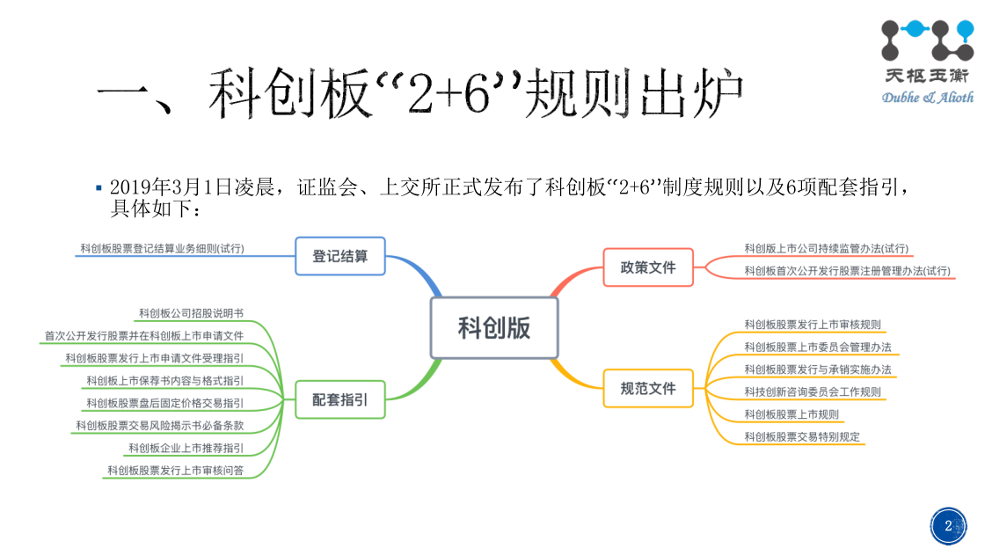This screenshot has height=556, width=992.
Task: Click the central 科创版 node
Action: click(x=494, y=328)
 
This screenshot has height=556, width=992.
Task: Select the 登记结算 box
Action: click(x=340, y=257)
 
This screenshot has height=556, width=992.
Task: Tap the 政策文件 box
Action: click(x=648, y=267)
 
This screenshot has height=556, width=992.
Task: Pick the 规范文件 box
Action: click(x=648, y=388)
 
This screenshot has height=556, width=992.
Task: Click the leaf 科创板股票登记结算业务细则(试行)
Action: click(x=162, y=249)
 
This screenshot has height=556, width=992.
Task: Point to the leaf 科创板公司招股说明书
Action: click(x=191, y=313)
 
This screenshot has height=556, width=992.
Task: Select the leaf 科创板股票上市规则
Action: click(x=791, y=414)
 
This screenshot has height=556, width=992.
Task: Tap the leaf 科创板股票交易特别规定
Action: click(x=802, y=436)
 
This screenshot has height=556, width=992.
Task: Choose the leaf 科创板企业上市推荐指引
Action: click(x=186, y=448)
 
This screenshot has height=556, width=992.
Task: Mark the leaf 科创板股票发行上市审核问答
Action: click(x=175, y=471)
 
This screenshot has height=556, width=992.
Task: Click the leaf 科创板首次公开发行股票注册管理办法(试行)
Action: click(x=847, y=271)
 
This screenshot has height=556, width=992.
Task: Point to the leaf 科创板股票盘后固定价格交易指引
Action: click(x=164, y=403)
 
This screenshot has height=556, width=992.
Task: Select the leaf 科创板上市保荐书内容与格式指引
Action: click(x=164, y=380)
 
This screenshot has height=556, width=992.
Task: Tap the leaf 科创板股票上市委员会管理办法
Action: click(x=818, y=347)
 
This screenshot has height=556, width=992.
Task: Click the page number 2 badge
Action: click(x=948, y=526)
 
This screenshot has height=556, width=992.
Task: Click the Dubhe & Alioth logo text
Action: click(x=927, y=97)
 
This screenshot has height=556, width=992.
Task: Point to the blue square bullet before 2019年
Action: click(x=99, y=187)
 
